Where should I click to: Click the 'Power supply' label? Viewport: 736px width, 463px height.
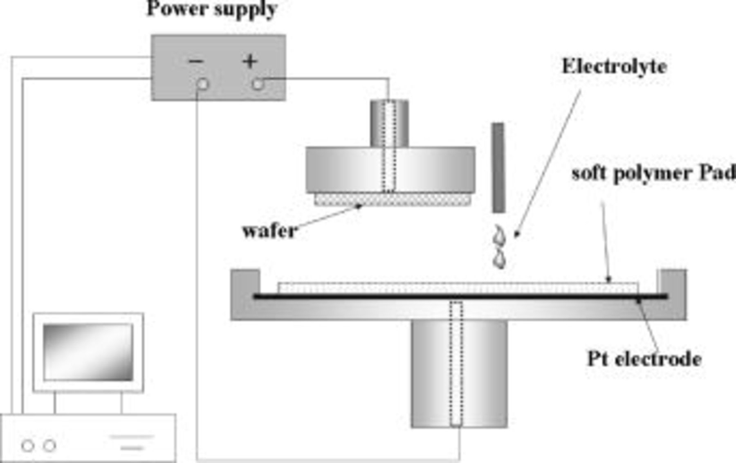click(212, 9)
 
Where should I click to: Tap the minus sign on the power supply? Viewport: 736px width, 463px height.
click(196, 62)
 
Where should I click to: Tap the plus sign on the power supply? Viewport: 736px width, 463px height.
click(250, 61)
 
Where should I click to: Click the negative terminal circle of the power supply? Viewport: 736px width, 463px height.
click(202, 84)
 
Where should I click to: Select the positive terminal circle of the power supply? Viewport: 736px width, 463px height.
click(258, 84)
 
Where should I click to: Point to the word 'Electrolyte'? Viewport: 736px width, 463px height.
click(614, 67)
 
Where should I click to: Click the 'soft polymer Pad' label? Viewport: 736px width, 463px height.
click(653, 173)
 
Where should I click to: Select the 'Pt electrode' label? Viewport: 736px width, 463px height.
click(644, 359)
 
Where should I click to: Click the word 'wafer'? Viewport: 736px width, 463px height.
click(270, 231)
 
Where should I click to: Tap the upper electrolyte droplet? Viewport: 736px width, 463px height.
click(500, 236)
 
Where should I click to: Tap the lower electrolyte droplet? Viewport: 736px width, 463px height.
click(500, 259)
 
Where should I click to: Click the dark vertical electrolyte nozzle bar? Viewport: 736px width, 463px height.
click(498, 168)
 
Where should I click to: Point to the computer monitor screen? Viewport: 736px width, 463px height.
click(88, 352)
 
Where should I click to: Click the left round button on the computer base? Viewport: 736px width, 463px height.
click(28, 445)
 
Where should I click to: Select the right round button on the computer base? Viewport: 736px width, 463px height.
click(50, 445)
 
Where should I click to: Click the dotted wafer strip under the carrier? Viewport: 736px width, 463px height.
click(392, 199)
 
